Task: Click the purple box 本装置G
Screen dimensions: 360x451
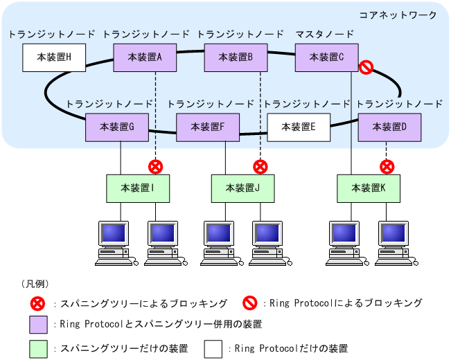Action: (x=117, y=127)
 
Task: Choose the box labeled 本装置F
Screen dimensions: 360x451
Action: (x=208, y=127)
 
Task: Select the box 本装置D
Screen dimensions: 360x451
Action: (x=389, y=127)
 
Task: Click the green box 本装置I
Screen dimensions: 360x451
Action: (x=137, y=188)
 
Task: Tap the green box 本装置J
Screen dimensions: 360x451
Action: (x=242, y=188)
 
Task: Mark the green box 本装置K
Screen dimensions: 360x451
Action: (x=369, y=188)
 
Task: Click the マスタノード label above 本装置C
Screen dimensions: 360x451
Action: (x=325, y=34)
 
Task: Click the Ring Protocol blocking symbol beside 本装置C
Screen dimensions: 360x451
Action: (x=366, y=67)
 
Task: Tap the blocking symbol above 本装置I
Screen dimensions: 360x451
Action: (x=155, y=166)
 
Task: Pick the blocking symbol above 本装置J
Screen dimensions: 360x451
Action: (x=260, y=166)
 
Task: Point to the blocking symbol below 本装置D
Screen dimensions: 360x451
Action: (x=387, y=166)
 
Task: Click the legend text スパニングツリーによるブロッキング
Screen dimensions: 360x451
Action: (x=143, y=303)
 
